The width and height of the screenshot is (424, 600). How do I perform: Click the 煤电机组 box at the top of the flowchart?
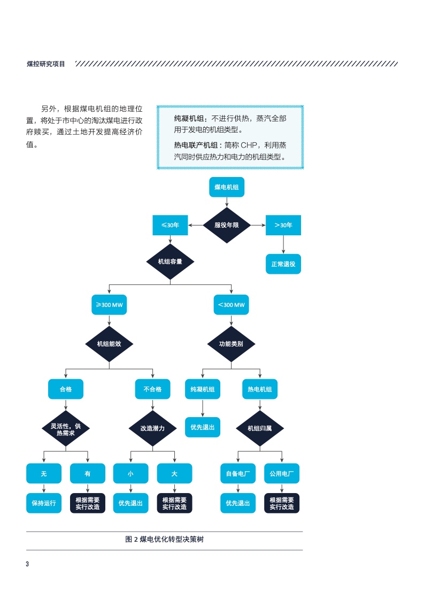click(227, 187)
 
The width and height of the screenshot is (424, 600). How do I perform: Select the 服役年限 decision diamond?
click(227, 225)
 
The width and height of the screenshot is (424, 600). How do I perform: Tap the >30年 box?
click(283, 225)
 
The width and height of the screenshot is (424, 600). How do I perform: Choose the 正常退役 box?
click(283, 264)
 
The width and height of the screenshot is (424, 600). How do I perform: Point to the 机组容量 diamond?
click(170, 262)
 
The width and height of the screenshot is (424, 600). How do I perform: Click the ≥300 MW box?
click(109, 304)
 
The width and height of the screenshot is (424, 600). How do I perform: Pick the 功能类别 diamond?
click(231, 344)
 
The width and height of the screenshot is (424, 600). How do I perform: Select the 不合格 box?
click(152, 389)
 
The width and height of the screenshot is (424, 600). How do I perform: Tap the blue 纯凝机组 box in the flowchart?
click(202, 389)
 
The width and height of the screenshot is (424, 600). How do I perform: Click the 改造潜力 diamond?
click(152, 428)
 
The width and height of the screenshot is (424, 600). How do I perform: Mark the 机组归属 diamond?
click(260, 428)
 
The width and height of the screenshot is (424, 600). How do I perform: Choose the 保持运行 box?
click(44, 503)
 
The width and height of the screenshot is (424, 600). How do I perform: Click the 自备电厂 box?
click(238, 473)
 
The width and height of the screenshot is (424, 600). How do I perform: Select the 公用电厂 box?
click(282, 473)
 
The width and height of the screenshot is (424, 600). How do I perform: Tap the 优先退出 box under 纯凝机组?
click(202, 427)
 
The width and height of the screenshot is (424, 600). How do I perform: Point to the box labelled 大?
click(174, 473)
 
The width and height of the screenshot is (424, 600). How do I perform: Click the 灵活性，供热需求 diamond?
click(66, 428)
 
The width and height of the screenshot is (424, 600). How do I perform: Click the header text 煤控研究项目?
click(46, 64)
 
